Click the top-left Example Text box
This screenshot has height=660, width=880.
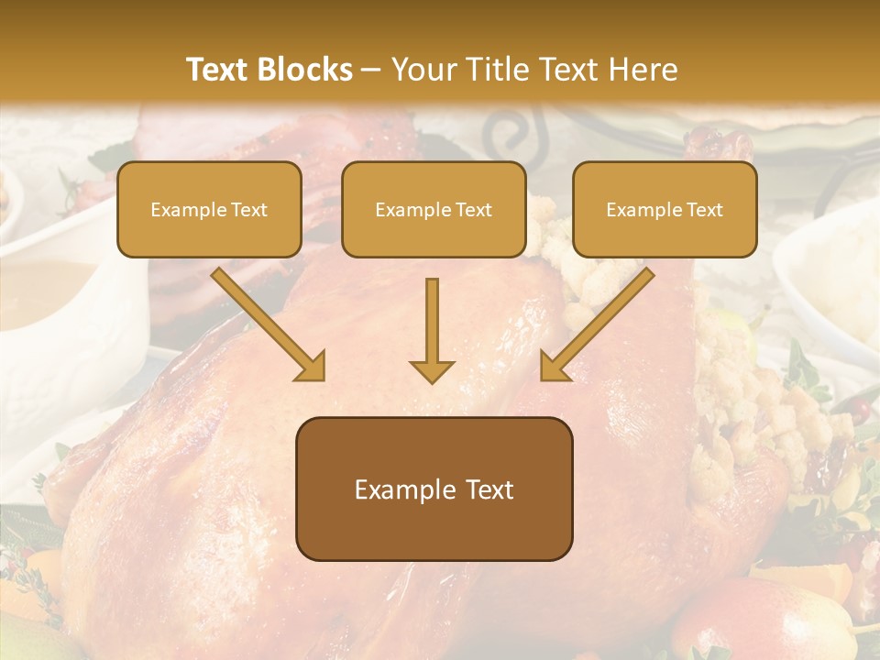(x=209, y=209)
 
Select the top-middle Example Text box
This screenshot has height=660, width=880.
(x=434, y=209)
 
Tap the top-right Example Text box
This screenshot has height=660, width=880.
(x=665, y=209)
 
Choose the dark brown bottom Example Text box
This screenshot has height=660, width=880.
(x=434, y=489)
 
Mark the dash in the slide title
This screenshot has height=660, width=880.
(x=371, y=70)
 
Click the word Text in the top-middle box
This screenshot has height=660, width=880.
(x=474, y=209)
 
